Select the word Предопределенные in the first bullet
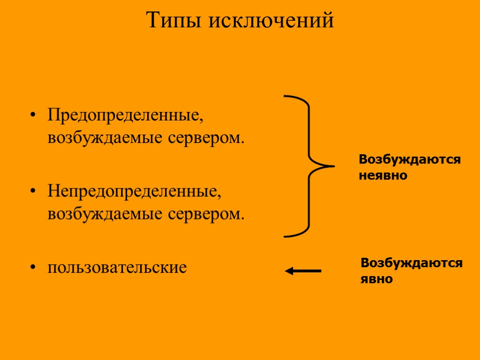(125, 115)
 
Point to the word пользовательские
(117, 267)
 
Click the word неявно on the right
(383, 176)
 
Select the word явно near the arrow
(376, 279)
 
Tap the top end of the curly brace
(286, 97)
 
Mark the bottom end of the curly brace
(286, 235)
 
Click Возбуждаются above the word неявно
(410, 160)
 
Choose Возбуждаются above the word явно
(412, 263)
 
